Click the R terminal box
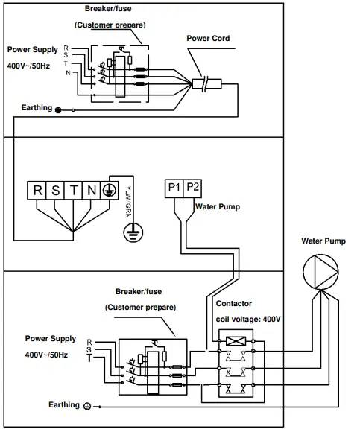pos(37,189)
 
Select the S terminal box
pos(57,189)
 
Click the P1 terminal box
pos(174,188)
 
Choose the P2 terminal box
pos(192,188)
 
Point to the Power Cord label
pos(208,39)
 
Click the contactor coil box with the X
pos(236,342)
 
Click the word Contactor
pos(233,304)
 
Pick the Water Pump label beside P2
pos(217,208)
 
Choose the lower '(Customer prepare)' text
pos(140,307)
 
